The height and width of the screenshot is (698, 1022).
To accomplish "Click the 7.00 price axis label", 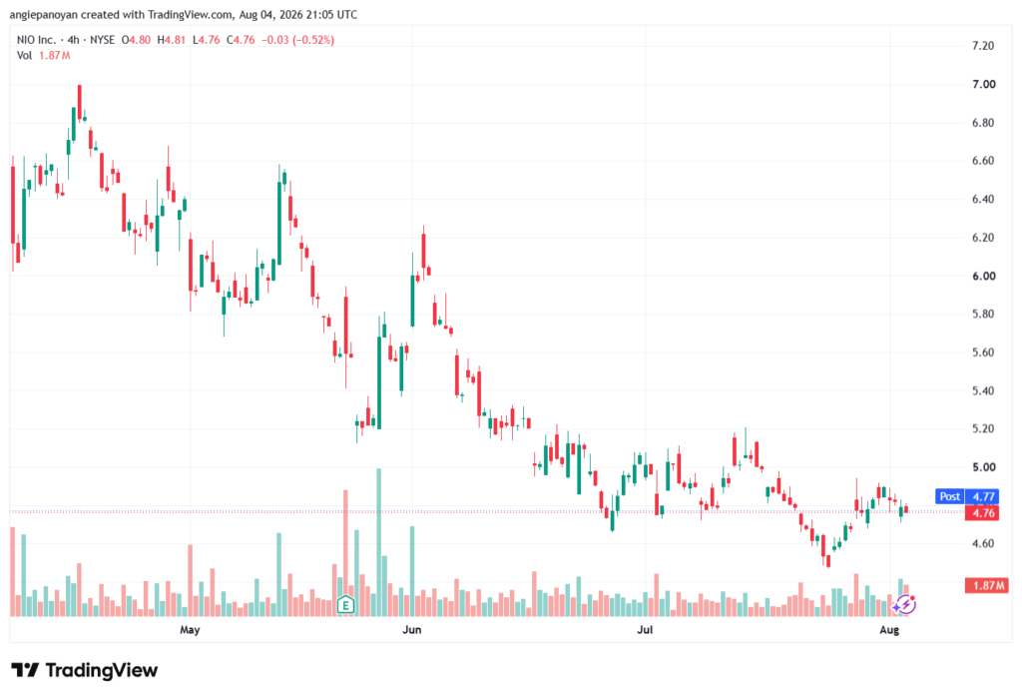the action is [x=983, y=84].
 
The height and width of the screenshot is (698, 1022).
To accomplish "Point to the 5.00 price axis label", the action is [x=983, y=467].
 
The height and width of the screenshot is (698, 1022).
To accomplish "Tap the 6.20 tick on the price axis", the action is [x=983, y=238].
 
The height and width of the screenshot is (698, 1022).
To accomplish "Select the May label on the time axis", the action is [x=190, y=629].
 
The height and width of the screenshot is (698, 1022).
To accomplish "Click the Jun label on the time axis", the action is [x=411, y=629].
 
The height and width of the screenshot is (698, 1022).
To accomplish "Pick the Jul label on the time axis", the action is [x=645, y=629].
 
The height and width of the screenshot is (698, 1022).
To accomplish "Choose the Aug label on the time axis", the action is [x=889, y=629].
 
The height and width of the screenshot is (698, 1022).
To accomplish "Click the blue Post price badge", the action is [x=950, y=496].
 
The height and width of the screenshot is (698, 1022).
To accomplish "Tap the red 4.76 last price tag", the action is [x=983, y=512].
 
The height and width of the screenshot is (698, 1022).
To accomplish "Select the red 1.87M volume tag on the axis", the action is [x=987, y=585].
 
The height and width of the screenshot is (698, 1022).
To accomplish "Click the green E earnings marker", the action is [x=345, y=605].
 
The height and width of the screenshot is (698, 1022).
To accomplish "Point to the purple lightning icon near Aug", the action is [x=904, y=605].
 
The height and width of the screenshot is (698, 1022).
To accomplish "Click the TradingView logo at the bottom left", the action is [x=84, y=670].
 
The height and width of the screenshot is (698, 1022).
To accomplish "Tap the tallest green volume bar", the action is [x=378, y=542].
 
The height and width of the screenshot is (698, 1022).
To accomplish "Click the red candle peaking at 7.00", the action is [x=80, y=103].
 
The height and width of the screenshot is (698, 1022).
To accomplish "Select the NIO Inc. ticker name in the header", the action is [x=36, y=40].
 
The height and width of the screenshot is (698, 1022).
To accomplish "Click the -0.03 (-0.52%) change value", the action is [x=297, y=40].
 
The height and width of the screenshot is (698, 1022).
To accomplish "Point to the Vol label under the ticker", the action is [x=24, y=56].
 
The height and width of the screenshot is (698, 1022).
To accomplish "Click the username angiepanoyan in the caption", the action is [x=43, y=14].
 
